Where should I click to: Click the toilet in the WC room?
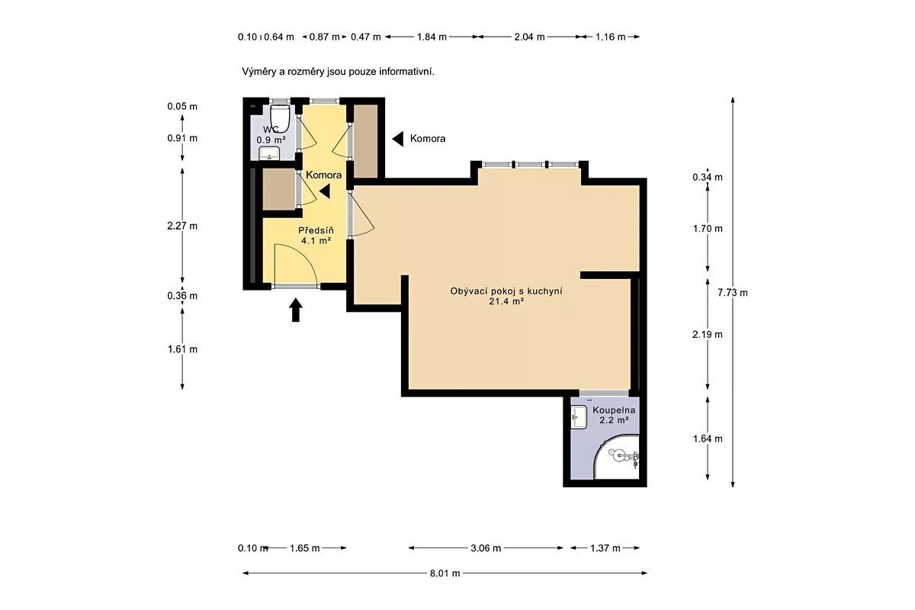pyautogui.click(x=281, y=117)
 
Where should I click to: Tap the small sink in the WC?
pyautogui.click(x=270, y=153)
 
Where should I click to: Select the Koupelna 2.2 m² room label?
pyautogui.click(x=614, y=415)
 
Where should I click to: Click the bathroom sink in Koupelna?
pyautogui.click(x=579, y=417)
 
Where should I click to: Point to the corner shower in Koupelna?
pyautogui.click(x=616, y=457)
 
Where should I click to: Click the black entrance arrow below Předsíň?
pyautogui.click(x=296, y=310)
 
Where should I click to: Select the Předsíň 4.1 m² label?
pyautogui.click(x=316, y=236)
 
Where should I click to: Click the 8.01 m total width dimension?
pyautogui.click(x=445, y=573)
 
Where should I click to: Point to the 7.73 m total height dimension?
pyautogui.click(x=733, y=293)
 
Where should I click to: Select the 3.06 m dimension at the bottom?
pyautogui.click(x=486, y=548)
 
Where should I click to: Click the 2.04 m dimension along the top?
pyautogui.click(x=529, y=37)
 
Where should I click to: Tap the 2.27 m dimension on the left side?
pyautogui.click(x=182, y=226)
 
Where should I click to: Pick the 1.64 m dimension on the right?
pyautogui.click(x=708, y=438)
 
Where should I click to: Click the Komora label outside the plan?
pyautogui.click(x=428, y=139)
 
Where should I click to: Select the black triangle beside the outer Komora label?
pyautogui.click(x=398, y=139)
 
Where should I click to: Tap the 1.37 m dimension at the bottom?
pyautogui.click(x=605, y=548)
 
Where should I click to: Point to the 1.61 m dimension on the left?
pyautogui.click(x=182, y=349)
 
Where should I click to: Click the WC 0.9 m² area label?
pyautogui.click(x=271, y=135)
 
